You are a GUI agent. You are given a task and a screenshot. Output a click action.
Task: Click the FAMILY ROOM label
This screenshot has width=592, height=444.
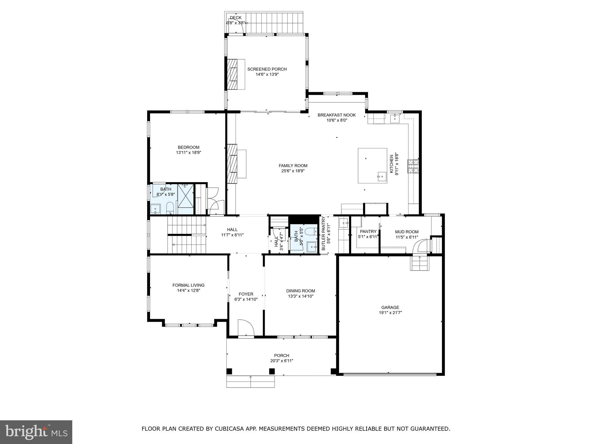(293, 166)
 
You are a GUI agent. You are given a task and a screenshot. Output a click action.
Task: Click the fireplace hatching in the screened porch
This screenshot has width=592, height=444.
(232, 74)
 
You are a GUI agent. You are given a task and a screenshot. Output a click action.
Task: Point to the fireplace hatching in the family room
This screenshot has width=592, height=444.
(232, 163)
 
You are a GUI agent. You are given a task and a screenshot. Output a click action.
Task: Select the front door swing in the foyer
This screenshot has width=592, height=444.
(246, 328)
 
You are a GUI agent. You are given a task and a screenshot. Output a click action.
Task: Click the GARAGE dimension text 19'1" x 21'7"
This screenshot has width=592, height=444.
(390, 312)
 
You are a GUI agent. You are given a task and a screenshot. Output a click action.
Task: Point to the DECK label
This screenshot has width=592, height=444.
(235, 18)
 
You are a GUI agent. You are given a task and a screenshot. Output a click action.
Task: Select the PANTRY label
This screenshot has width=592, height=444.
(368, 232)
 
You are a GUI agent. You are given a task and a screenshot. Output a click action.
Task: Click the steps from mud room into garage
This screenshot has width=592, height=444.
(419, 263)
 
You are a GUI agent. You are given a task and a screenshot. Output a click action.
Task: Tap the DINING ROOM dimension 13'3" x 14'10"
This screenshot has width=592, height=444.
(301, 296)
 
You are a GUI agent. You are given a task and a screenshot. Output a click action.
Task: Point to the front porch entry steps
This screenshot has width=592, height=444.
(250, 382)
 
